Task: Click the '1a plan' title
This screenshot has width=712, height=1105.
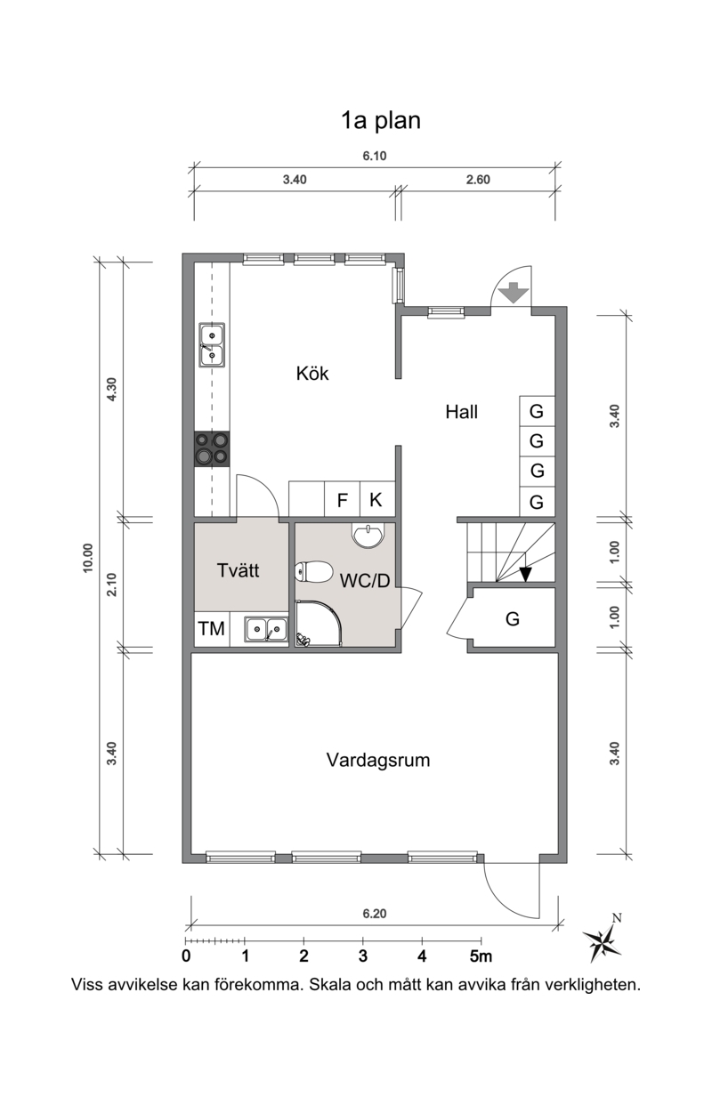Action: point(381,121)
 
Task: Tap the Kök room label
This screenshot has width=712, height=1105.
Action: point(312,374)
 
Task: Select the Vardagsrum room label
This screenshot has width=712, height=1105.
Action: point(378,760)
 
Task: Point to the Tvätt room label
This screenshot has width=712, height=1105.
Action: point(238,570)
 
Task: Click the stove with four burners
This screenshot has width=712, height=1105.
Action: point(212,449)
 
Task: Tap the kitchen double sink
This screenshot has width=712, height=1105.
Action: point(212,345)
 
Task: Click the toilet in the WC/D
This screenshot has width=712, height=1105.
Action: point(313,572)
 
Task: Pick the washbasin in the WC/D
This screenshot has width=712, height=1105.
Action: point(368,536)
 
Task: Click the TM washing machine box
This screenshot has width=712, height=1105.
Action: point(212,629)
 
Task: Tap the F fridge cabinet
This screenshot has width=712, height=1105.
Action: point(343,499)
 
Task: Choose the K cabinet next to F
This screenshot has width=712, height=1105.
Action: point(377,499)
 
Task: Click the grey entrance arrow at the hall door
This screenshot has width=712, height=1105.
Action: point(514,292)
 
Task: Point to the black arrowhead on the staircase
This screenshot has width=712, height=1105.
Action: point(525,574)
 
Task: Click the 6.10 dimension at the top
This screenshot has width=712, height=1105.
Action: point(375,156)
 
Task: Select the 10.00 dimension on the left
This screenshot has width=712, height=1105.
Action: point(88,558)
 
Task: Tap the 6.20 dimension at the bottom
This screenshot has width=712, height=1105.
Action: point(375,914)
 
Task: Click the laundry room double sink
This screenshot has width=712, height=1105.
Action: point(266,629)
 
